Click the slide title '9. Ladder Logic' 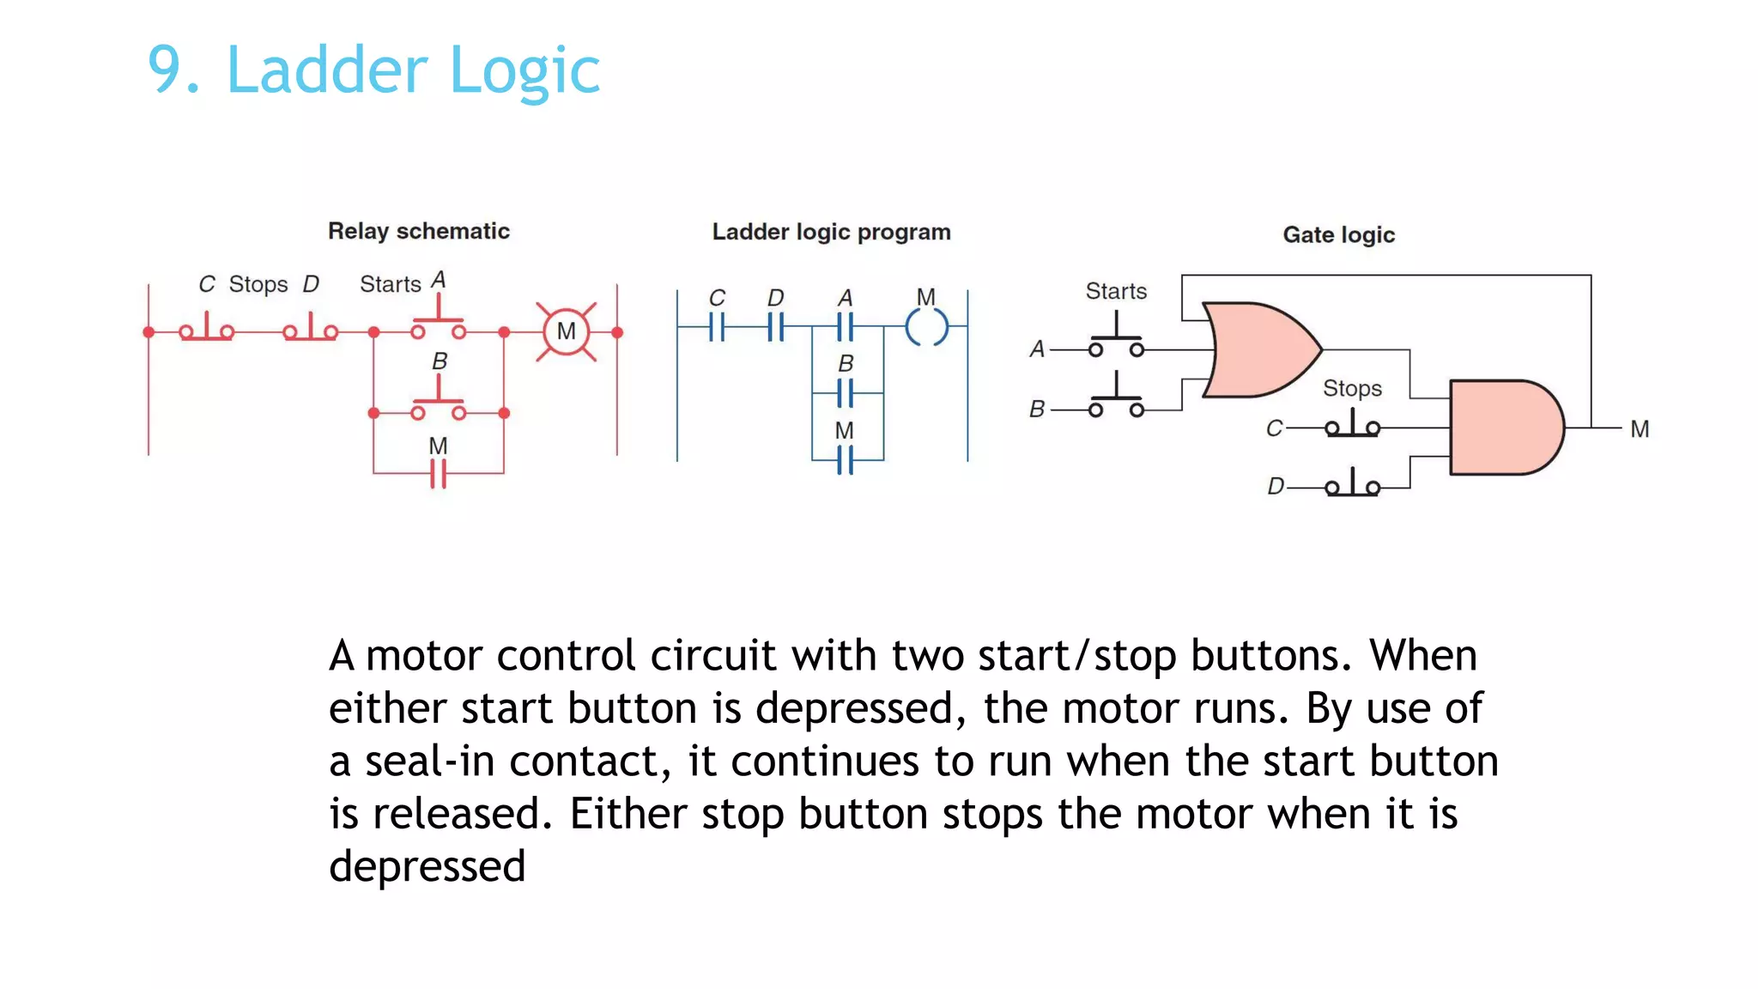pyautogui.click(x=373, y=70)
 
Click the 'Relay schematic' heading pyautogui.click(x=418, y=231)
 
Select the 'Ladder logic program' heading pyautogui.click(x=831, y=232)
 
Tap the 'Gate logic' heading pyautogui.click(x=1338, y=234)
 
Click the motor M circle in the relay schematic pyautogui.click(x=566, y=331)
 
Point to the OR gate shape pyautogui.click(x=1258, y=349)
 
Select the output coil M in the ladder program pyautogui.click(x=926, y=327)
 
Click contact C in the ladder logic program pyautogui.click(x=718, y=327)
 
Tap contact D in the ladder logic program pyautogui.click(x=775, y=327)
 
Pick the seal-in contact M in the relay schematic pyautogui.click(x=438, y=473)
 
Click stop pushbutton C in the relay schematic pyautogui.click(x=206, y=329)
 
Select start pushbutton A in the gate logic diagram pyautogui.click(x=1116, y=343)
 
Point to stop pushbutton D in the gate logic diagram pyautogui.click(x=1352, y=485)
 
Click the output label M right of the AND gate pyautogui.click(x=1639, y=428)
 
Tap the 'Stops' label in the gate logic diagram pyautogui.click(x=1352, y=388)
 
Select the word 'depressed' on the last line pyautogui.click(x=427, y=867)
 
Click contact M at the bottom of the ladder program pyautogui.click(x=846, y=460)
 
